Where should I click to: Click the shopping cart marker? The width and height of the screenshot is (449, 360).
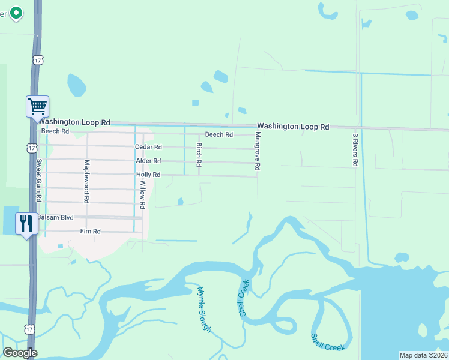[37, 107]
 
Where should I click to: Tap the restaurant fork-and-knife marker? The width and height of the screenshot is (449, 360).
[26, 223]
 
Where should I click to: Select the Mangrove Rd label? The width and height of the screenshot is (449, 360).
[257, 153]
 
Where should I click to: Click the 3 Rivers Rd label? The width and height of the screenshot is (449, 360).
[355, 149]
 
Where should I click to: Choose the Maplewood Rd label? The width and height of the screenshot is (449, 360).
[87, 181]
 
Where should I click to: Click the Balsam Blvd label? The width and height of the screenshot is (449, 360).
[55, 217]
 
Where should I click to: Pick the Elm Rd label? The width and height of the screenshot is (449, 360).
[90, 231]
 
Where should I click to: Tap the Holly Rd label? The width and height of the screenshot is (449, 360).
[148, 175]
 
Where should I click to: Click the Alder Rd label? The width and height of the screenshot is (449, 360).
[148, 161]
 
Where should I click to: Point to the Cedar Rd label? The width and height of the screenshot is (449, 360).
[148, 147]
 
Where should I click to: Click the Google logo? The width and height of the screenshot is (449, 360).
[20, 353]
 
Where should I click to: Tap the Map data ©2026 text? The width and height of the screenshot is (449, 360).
[423, 355]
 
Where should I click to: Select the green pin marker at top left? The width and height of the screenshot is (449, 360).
[16, 12]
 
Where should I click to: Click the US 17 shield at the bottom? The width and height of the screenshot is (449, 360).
[29, 329]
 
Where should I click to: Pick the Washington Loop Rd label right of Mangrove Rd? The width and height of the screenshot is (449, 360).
[293, 127]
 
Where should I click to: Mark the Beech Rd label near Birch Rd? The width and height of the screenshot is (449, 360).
[218, 134]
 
